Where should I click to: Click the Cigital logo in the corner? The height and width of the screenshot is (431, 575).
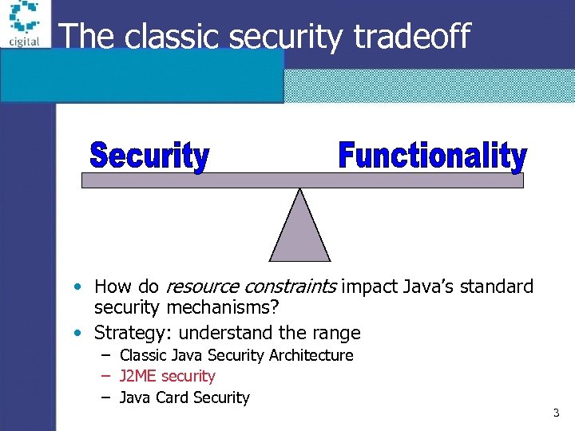tap(24, 24)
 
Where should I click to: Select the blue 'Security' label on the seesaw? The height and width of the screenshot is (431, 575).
tap(149, 156)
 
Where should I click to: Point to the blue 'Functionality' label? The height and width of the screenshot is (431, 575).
tap(432, 156)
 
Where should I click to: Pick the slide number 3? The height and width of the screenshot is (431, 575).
tap(556, 413)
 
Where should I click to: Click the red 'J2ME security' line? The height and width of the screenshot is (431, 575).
tap(167, 376)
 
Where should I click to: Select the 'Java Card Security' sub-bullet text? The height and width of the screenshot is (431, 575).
tap(184, 397)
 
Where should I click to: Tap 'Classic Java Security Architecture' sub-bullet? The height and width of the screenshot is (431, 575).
tap(236, 355)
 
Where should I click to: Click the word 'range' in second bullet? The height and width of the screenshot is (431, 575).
tap(339, 333)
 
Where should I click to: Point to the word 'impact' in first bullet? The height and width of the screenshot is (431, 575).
tap(368, 287)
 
